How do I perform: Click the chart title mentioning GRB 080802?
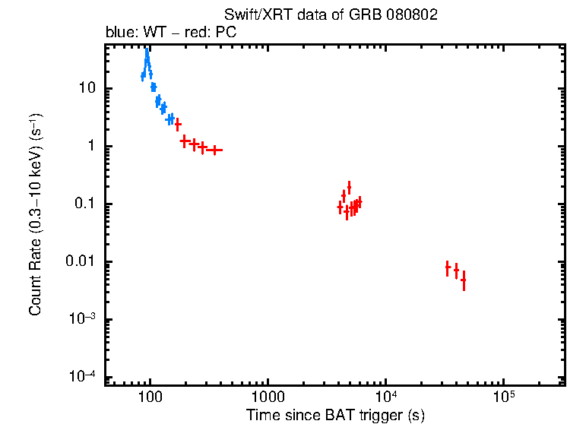[331, 15]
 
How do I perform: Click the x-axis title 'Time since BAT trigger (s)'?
[335, 415]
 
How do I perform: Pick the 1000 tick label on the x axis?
[267, 397]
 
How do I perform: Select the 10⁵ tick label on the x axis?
[503, 397]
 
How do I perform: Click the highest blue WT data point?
[147, 55]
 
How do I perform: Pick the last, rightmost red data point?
[463, 280]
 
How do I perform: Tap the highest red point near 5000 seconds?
[349, 186]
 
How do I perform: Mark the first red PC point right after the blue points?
[178, 125]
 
